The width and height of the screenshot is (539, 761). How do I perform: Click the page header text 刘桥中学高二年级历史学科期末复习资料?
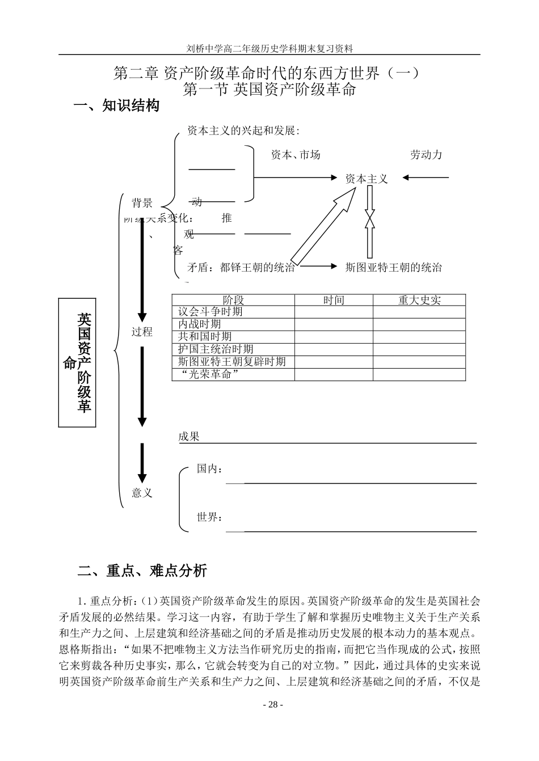click(x=269, y=49)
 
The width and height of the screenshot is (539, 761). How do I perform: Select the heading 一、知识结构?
click(x=117, y=106)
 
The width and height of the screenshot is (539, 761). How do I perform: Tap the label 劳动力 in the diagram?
click(x=426, y=155)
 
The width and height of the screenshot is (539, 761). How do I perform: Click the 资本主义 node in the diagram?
click(x=367, y=179)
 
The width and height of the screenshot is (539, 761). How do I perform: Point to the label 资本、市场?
click(x=296, y=155)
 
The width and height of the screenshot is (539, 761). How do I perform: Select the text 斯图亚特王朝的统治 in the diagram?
click(x=393, y=268)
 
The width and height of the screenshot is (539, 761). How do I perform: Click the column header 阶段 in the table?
click(x=233, y=301)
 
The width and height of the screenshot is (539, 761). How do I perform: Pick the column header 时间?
click(x=334, y=301)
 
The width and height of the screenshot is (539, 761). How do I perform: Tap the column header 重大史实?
click(x=419, y=301)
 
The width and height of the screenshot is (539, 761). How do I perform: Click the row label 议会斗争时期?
click(x=210, y=312)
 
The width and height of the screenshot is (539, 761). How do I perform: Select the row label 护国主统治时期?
click(x=216, y=349)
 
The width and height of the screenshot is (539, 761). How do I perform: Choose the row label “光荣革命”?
click(x=208, y=374)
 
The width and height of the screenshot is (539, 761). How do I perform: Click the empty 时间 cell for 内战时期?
click(x=334, y=324)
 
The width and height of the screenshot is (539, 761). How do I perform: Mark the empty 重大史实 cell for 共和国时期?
click(x=419, y=337)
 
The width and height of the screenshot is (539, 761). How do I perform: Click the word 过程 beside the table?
click(x=142, y=332)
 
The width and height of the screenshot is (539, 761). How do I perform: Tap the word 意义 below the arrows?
click(x=142, y=493)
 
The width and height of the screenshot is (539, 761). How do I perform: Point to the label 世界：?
click(x=209, y=517)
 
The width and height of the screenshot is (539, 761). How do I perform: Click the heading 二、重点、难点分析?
click(x=142, y=571)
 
